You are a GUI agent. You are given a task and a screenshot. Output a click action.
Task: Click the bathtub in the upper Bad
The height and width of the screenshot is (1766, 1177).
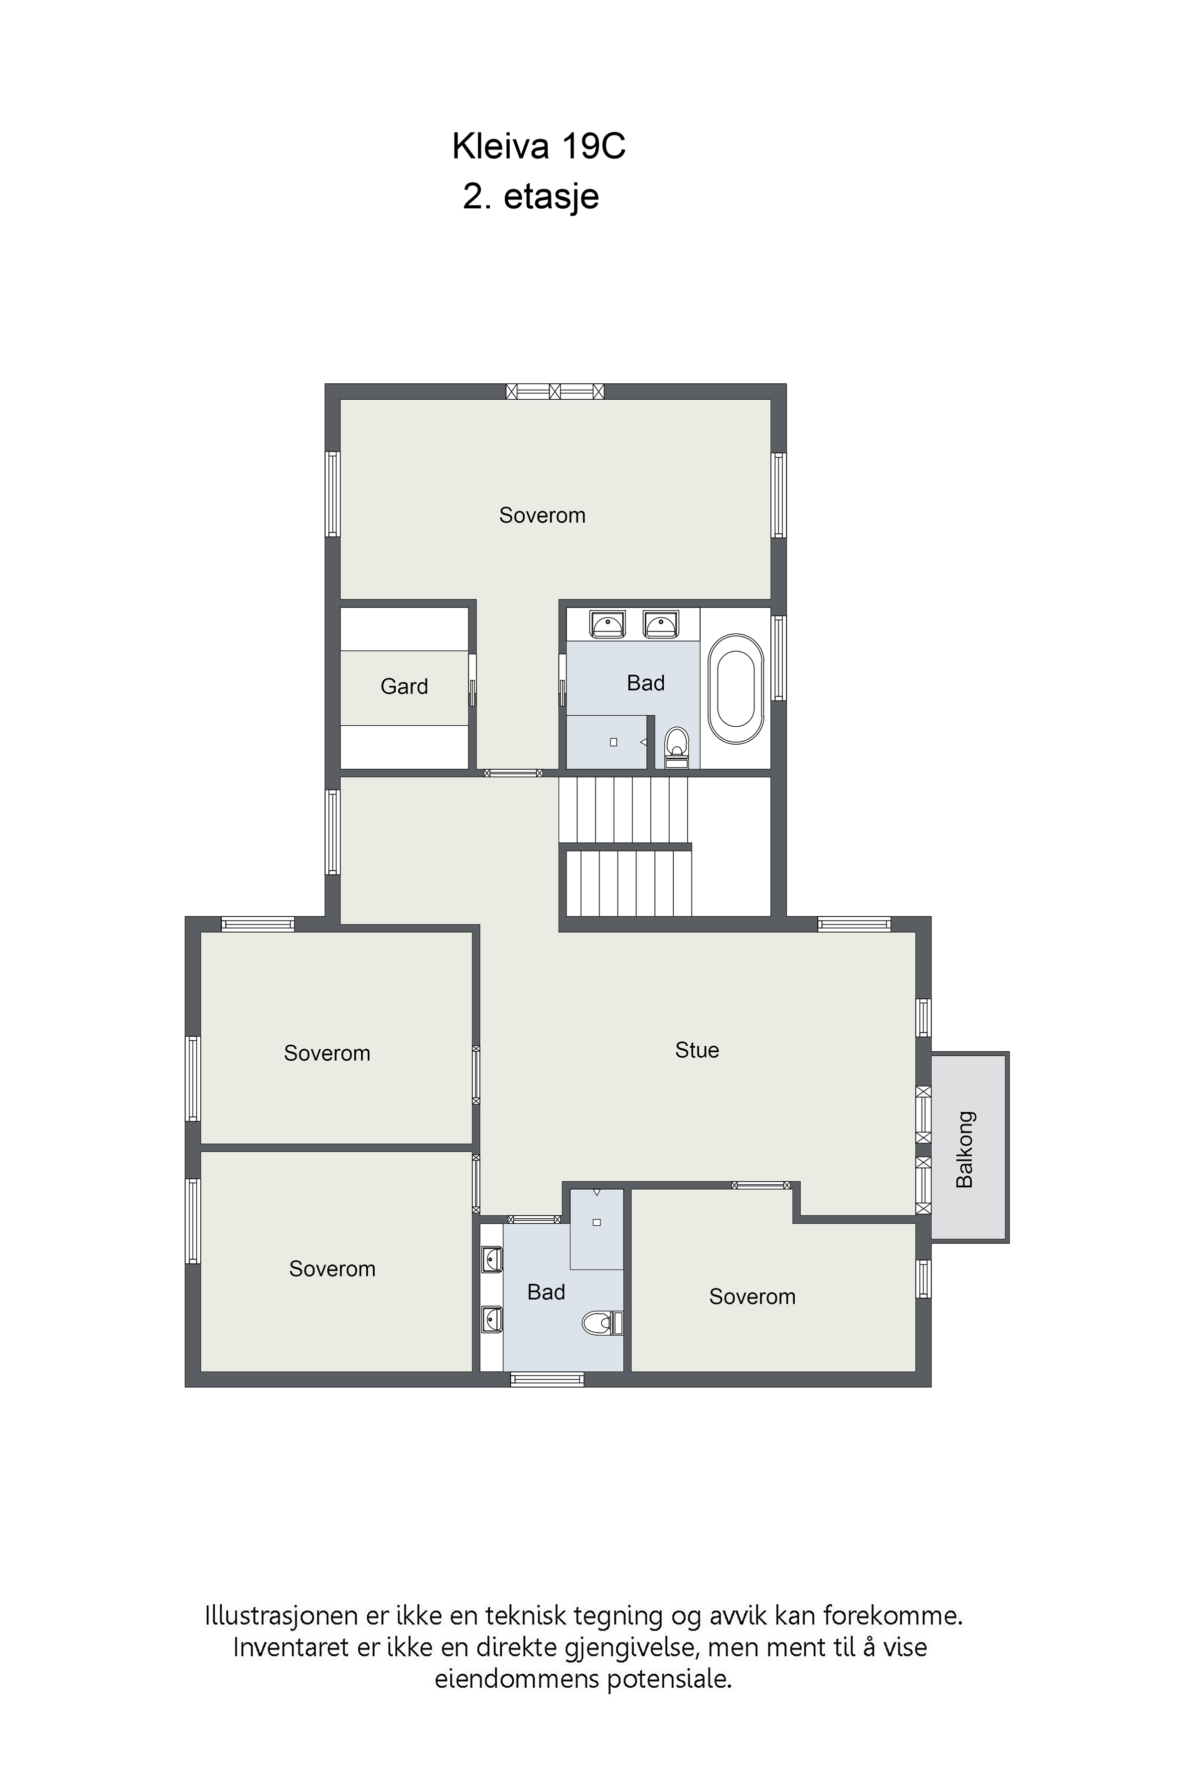point(736,689)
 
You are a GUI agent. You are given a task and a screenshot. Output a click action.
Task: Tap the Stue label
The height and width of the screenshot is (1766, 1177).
point(697,1050)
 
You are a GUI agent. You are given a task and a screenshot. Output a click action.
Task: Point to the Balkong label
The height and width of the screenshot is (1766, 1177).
point(965,1149)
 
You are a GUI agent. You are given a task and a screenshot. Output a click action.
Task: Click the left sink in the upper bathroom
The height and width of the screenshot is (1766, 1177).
point(607,625)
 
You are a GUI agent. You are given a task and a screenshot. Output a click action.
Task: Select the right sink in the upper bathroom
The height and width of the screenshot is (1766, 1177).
point(661,625)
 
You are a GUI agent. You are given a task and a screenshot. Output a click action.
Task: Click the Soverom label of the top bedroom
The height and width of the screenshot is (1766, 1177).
point(542,515)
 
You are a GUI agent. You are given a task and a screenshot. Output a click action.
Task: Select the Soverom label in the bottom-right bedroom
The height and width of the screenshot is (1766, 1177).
point(752,1297)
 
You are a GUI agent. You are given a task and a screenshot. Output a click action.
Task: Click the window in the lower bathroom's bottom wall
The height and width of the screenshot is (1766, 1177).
point(547,1379)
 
